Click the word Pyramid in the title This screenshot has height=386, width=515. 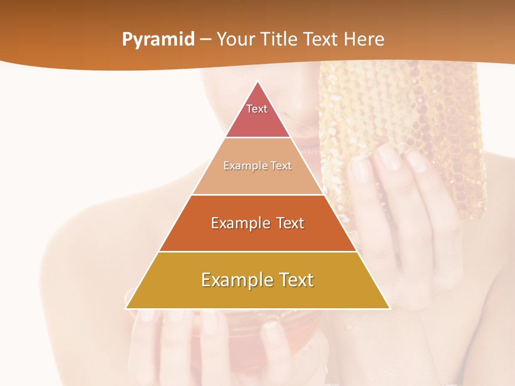[158, 40]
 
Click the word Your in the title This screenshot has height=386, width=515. [235, 40]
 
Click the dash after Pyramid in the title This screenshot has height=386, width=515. [205, 40]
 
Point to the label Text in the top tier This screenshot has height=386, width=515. [257, 109]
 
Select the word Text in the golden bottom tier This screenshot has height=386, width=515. [296, 280]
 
